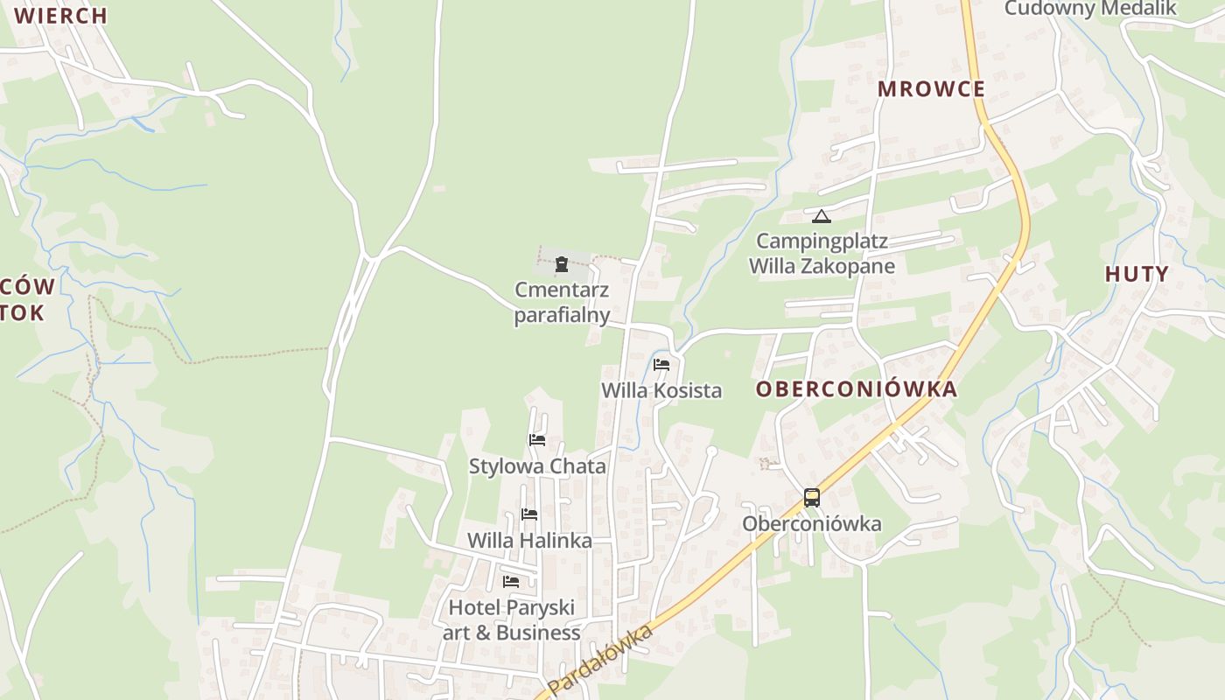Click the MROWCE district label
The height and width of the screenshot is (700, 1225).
click(x=931, y=89)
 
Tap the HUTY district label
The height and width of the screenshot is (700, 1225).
click(x=1137, y=274)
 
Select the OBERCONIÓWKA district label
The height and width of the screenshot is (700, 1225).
click(x=857, y=389)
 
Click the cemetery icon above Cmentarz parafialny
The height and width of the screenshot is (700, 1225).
click(x=562, y=264)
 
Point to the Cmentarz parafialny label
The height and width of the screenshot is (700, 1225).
click(x=562, y=303)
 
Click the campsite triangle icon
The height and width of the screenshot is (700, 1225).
click(x=821, y=216)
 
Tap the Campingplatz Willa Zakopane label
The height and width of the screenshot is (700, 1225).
click(x=822, y=254)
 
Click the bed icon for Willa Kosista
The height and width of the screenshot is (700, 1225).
click(x=661, y=364)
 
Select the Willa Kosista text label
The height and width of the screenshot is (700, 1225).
click(x=661, y=390)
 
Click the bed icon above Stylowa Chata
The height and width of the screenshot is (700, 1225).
click(x=537, y=439)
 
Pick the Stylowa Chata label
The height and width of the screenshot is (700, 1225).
click(x=537, y=466)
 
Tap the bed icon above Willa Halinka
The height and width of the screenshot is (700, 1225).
click(x=529, y=514)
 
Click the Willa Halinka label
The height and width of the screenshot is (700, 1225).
click(x=529, y=541)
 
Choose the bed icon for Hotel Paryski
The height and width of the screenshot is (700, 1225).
click(x=511, y=581)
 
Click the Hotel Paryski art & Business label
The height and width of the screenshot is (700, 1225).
click(x=512, y=619)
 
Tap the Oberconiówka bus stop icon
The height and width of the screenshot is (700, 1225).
click(x=812, y=498)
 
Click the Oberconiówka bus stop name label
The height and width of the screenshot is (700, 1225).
click(x=812, y=524)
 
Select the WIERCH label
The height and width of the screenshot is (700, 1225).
click(x=60, y=16)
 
